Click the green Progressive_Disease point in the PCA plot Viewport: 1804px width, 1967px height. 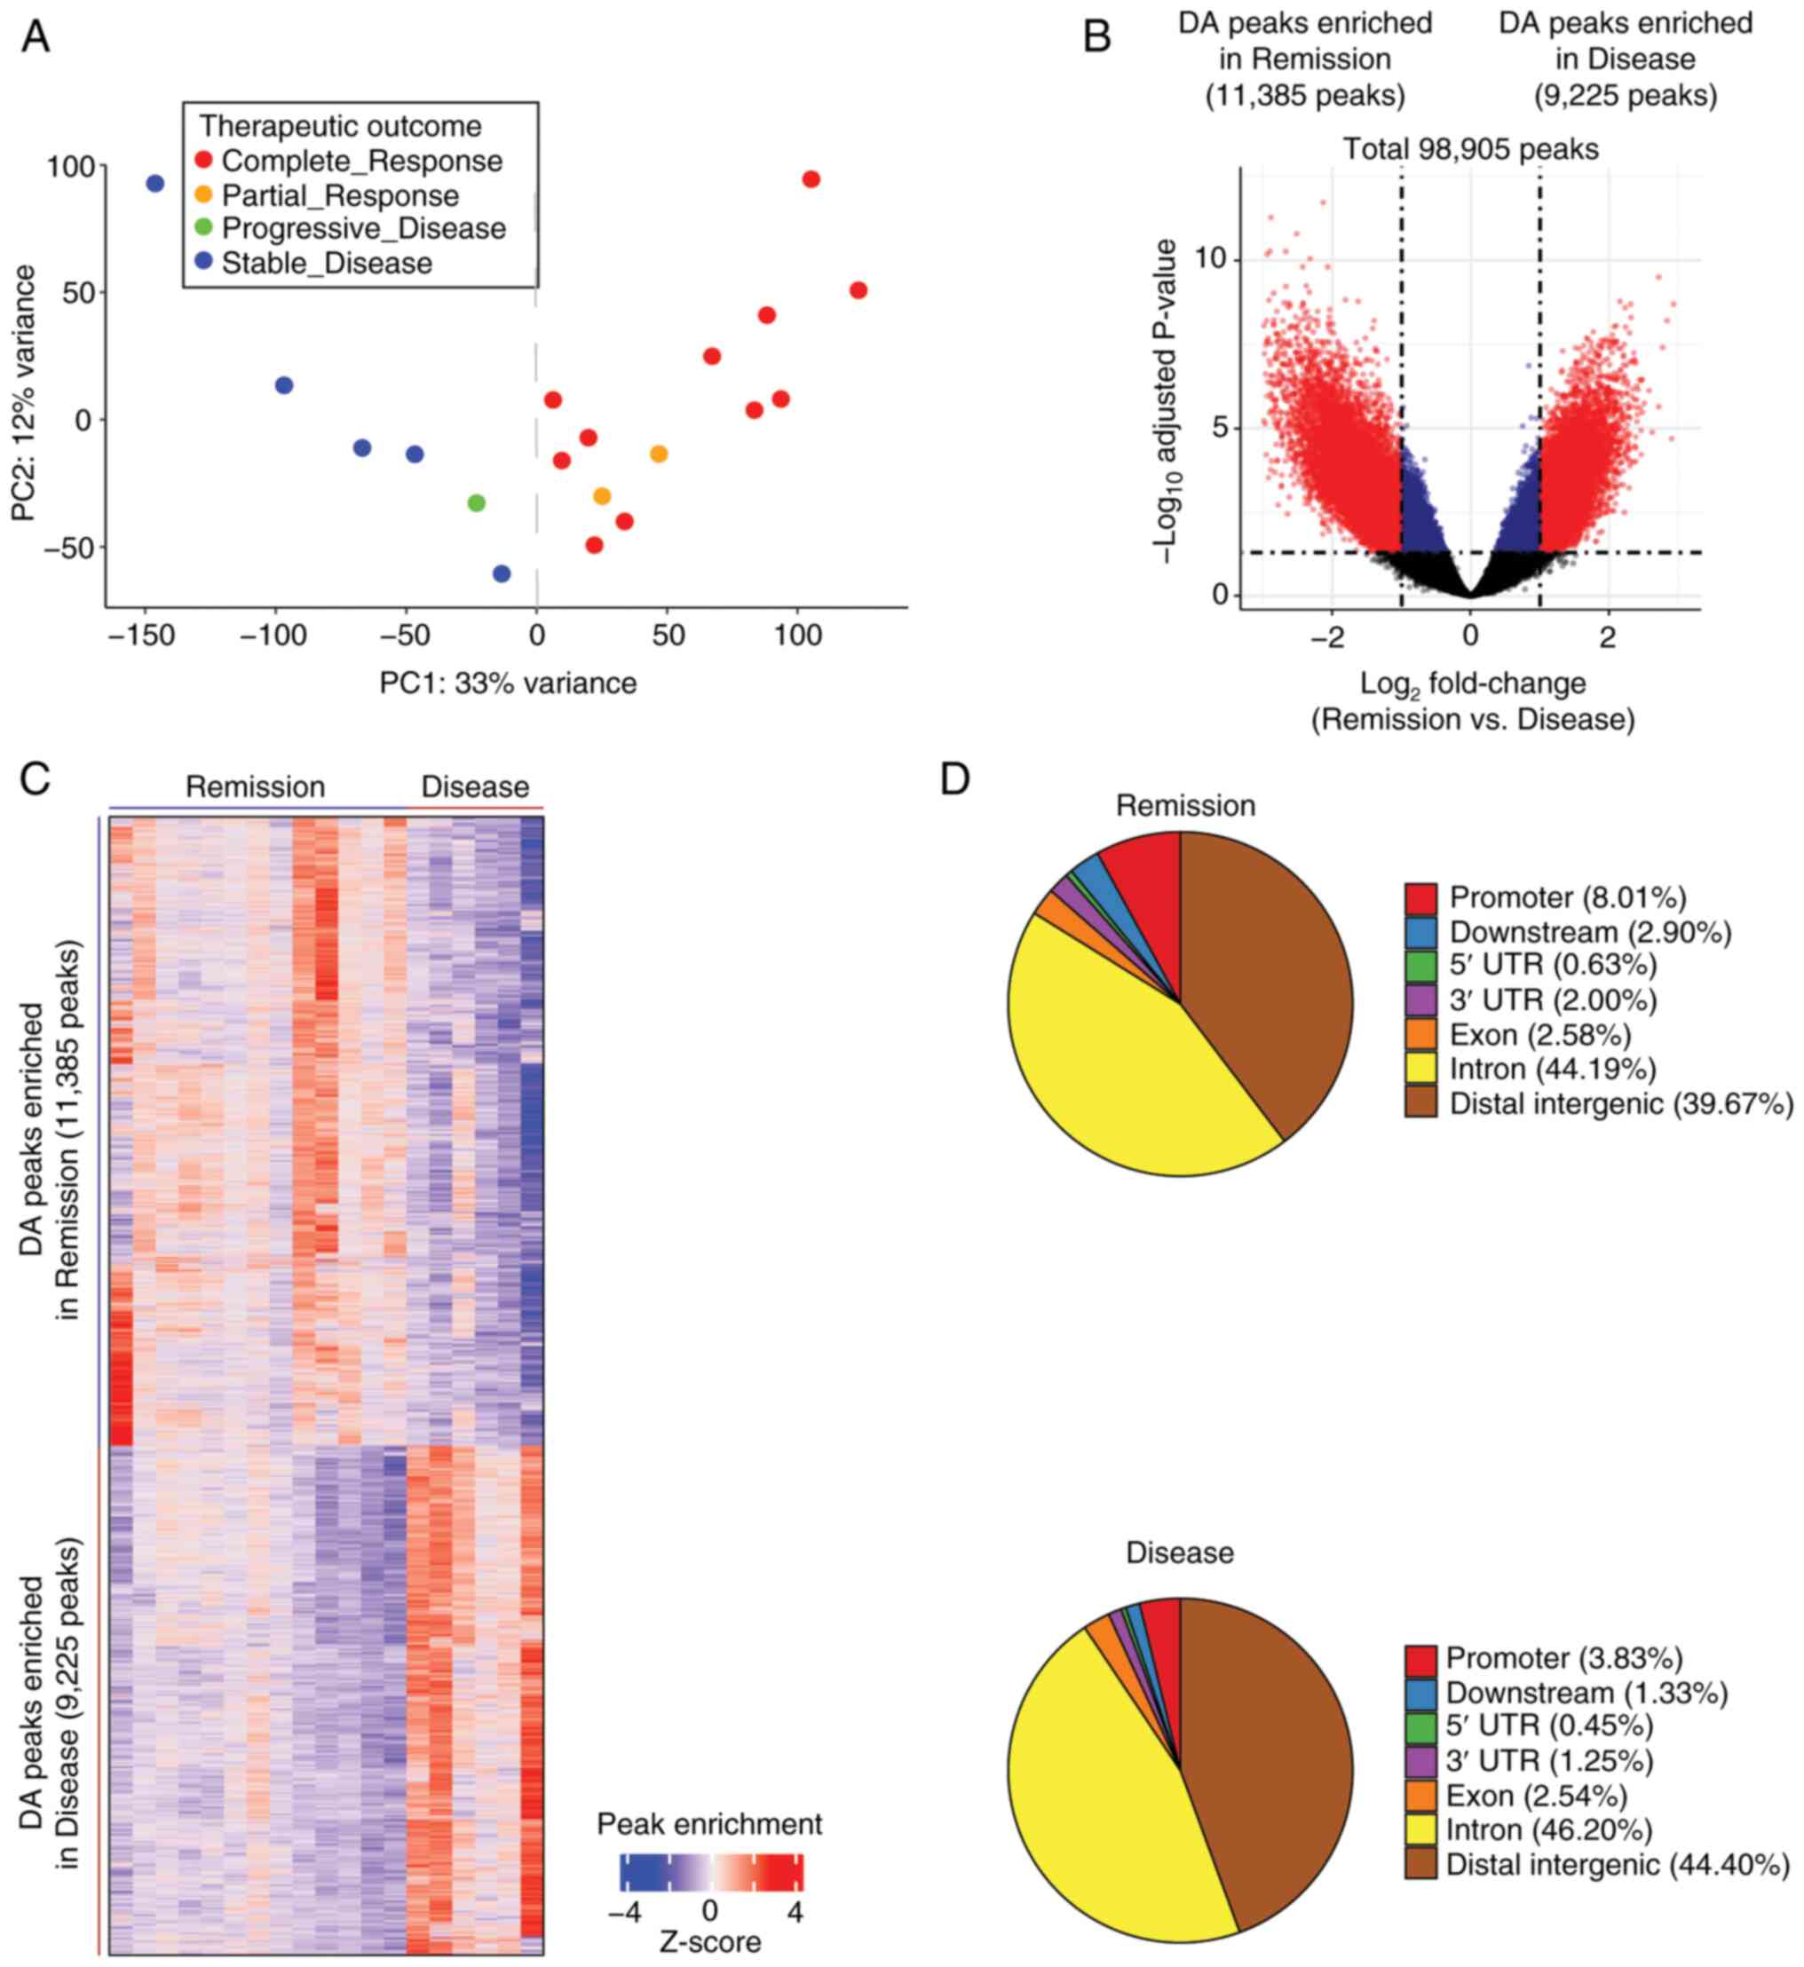(x=477, y=502)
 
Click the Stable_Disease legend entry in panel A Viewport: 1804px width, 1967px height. (x=326, y=264)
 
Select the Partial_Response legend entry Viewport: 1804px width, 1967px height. (x=340, y=195)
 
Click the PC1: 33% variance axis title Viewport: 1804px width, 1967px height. (x=508, y=683)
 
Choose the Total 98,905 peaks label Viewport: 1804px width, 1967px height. (x=1470, y=149)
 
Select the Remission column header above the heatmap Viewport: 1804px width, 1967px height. (x=255, y=786)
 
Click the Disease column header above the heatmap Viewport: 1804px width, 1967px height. (x=474, y=786)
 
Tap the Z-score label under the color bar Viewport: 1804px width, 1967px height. (x=709, y=1941)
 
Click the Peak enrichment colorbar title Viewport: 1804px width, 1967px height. (x=709, y=1823)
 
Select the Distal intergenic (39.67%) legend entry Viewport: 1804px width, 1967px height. (x=1620, y=1104)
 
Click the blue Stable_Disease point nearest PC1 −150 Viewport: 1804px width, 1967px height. (x=155, y=184)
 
